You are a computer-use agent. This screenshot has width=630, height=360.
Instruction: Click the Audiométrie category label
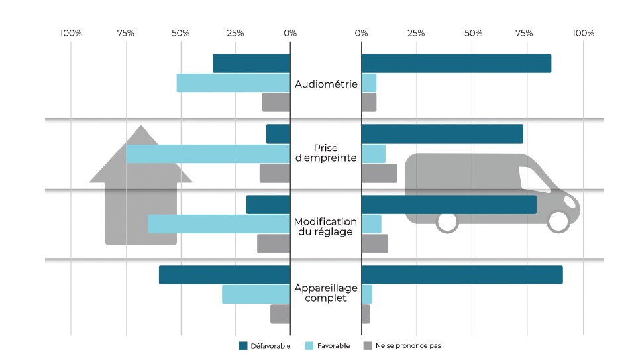(x=326, y=84)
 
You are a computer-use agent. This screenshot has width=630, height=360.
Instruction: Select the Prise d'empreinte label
(x=325, y=153)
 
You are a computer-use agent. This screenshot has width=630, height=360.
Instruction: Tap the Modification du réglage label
(x=325, y=226)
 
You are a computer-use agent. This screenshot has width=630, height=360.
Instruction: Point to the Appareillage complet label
(x=325, y=293)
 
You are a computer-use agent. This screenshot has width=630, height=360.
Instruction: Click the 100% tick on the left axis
(x=71, y=33)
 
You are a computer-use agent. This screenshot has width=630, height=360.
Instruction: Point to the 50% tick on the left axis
(x=180, y=33)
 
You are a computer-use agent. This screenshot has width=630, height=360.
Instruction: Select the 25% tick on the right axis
(x=416, y=33)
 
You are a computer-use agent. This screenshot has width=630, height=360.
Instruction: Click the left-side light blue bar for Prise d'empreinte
(x=208, y=154)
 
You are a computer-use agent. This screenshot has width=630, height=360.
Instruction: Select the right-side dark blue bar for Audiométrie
(x=456, y=64)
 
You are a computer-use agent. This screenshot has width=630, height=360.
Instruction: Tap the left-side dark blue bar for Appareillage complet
(x=225, y=275)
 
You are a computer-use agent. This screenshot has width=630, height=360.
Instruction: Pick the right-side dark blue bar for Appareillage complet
(x=462, y=275)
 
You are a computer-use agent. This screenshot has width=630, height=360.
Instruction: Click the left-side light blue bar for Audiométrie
(x=233, y=83)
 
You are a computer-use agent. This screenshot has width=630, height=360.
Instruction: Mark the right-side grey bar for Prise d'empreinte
(x=379, y=173)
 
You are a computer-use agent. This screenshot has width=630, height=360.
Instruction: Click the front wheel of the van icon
(x=558, y=222)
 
